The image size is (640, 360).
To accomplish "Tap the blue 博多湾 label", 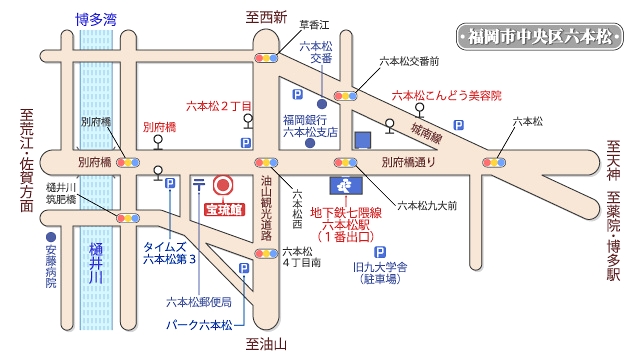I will tap(96, 18).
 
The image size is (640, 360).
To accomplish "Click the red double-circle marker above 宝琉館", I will tap(223, 185).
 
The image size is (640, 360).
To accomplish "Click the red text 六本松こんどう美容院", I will tap(445, 95).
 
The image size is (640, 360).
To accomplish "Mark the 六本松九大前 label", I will tap(427, 206).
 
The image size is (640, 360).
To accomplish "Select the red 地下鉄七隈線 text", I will tap(347, 212).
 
